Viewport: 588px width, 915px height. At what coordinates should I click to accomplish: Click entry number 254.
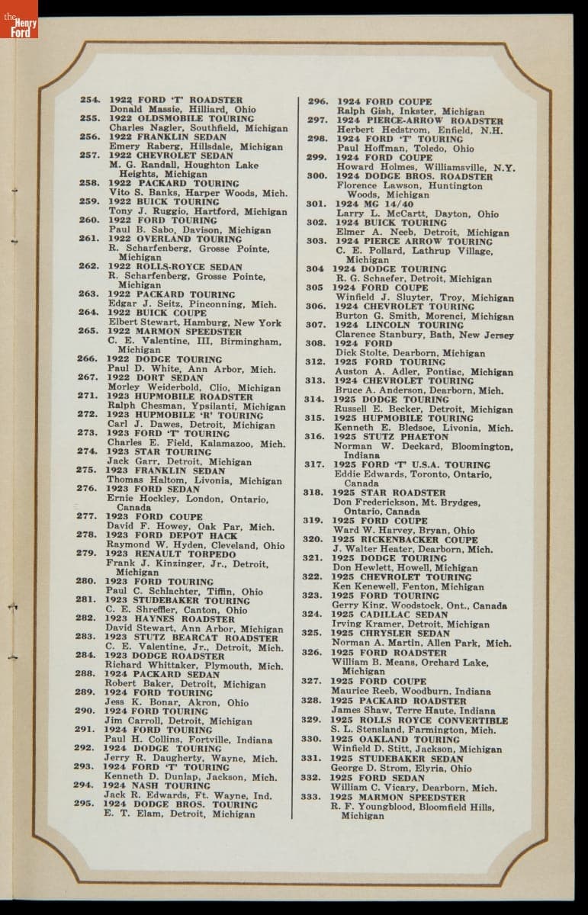click(90, 100)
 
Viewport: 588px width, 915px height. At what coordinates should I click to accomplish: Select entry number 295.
click(83, 804)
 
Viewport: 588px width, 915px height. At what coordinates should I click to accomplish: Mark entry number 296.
click(317, 101)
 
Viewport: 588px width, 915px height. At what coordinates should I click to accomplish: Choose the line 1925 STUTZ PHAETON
click(390, 437)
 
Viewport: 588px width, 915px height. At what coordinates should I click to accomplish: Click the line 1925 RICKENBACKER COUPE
click(404, 539)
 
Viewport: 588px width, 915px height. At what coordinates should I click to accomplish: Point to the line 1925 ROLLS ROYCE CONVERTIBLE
click(419, 720)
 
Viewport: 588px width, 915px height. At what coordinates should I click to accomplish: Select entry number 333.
click(310, 798)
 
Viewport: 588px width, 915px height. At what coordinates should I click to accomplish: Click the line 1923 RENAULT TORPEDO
click(170, 554)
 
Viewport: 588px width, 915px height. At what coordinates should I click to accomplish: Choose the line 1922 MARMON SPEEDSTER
click(175, 332)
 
